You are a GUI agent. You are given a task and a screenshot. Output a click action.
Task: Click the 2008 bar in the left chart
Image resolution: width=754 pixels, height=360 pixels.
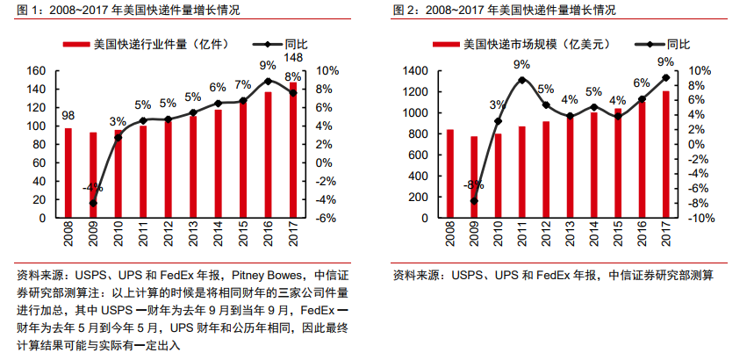click(x=68, y=173)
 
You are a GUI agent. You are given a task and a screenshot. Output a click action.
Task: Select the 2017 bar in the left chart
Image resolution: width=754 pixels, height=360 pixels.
click(x=293, y=150)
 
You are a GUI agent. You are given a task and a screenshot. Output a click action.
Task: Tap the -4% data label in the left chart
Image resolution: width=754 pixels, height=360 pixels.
click(x=93, y=188)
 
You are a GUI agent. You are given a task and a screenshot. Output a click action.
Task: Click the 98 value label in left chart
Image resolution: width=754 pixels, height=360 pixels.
click(x=68, y=115)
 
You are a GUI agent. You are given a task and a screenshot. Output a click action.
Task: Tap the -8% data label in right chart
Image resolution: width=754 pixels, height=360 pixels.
click(x=473, y=185)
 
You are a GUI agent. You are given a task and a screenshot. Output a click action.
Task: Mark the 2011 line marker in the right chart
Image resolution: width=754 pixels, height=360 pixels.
click(x=521, y=80)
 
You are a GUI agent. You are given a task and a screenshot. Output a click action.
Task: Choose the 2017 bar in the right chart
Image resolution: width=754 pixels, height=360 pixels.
click(x=665, y=155)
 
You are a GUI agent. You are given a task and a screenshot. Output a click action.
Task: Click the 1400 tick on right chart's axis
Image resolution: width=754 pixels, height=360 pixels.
click(x=416, y=71)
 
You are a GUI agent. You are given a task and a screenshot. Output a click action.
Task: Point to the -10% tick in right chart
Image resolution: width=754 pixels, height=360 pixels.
click(x=700, y=218)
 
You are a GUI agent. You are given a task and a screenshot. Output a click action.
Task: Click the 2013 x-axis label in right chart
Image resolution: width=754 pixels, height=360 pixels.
click(x=570, y=236)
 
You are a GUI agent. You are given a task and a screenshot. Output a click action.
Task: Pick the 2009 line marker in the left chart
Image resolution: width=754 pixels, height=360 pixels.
click(x=93, y=204)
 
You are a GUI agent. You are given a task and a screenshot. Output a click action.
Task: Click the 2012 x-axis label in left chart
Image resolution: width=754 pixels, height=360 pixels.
click(x=169, y=236)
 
